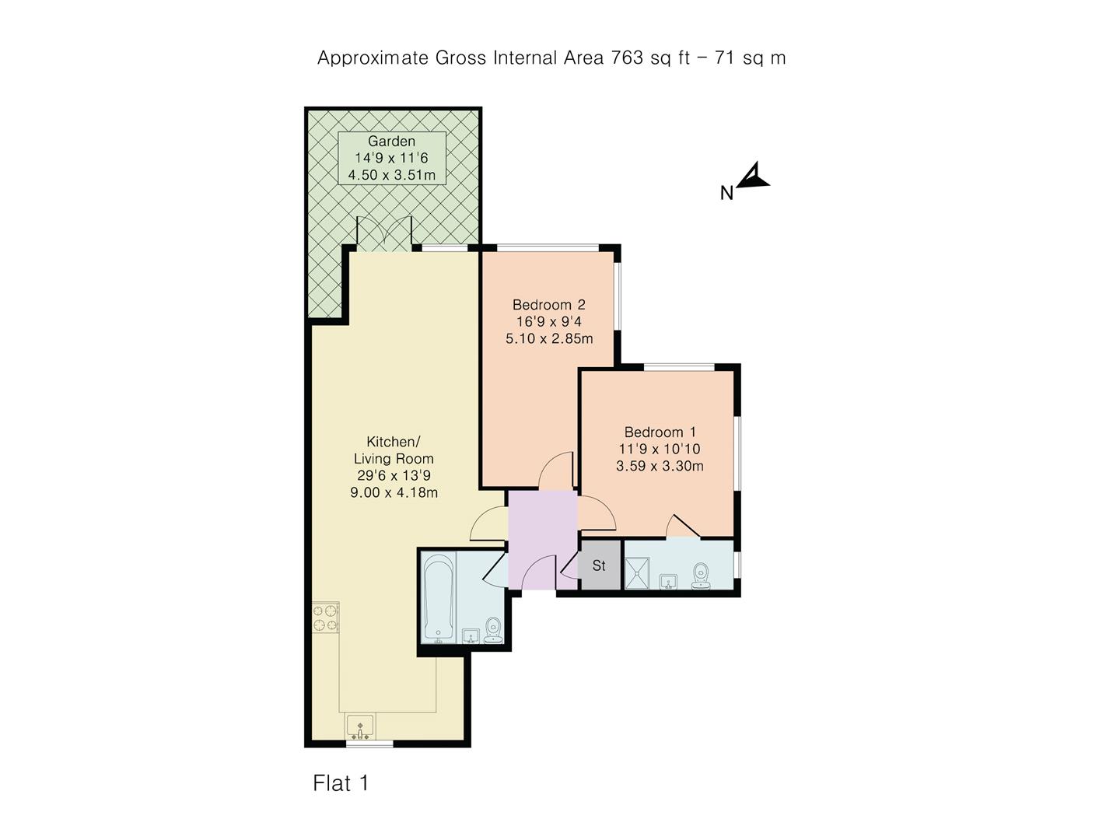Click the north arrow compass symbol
pyautogui.click(x=751, y=177)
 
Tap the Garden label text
pyautogui.click(x=391, y=142)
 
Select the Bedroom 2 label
pyautogui.click(x=548, y=305)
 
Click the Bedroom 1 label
pyautogui.click(x=660, y=432)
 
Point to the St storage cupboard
pyautogui.click(x=599, y=565)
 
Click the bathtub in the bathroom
pyautogui.click(x=438, y=598)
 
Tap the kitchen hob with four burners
pyautogui.click(x=326, y=618)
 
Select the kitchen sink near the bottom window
pyautogui.click(x=360, y=726)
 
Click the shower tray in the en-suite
pyautogui.click(x=642, y=572)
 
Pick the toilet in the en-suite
pyautogui.click(x=702, y=576)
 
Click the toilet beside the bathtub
pyautogui.click(x=493, y=631)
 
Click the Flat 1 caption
pyautogui.click(x=341, y=783)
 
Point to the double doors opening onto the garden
pyautogui.click(x=383, y=233)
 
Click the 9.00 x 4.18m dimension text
pyautogui.click(x=394, y=492)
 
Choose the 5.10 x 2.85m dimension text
pyautogui.click(x=549, y=339)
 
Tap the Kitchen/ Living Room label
pyautogui.click(x=394, y=450)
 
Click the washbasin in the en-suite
pyautogui.click(x=668, y=581)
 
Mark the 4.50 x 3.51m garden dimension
pyautogui.click(x=391, y=175)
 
